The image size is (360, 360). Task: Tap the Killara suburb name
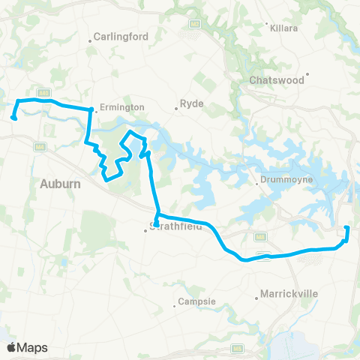(286, 27)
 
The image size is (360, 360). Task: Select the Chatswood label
(277, 79)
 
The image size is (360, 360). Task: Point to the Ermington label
(122, 107)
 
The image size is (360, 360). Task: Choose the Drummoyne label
(282, 180)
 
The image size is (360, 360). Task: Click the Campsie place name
(198, 302)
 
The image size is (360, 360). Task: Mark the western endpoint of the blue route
(13, 116)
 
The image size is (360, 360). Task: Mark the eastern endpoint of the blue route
(346, 228)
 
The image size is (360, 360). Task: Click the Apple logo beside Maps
(12, 347)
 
